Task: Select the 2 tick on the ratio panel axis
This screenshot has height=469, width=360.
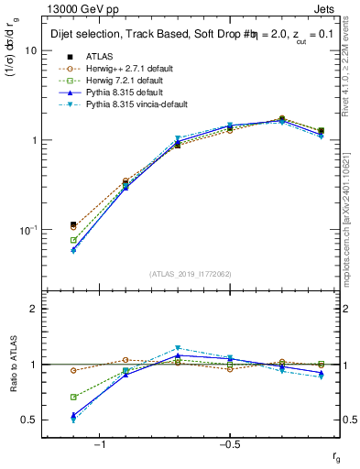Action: pyautogui.click(x=35, y=309)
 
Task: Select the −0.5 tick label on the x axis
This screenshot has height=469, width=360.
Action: pyautogui.click(x=229, y=443)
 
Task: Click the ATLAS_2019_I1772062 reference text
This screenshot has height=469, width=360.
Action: pyautogui.click(x=191, y=274)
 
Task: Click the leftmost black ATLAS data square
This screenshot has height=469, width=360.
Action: pyautogui.click(x=73, y=224)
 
